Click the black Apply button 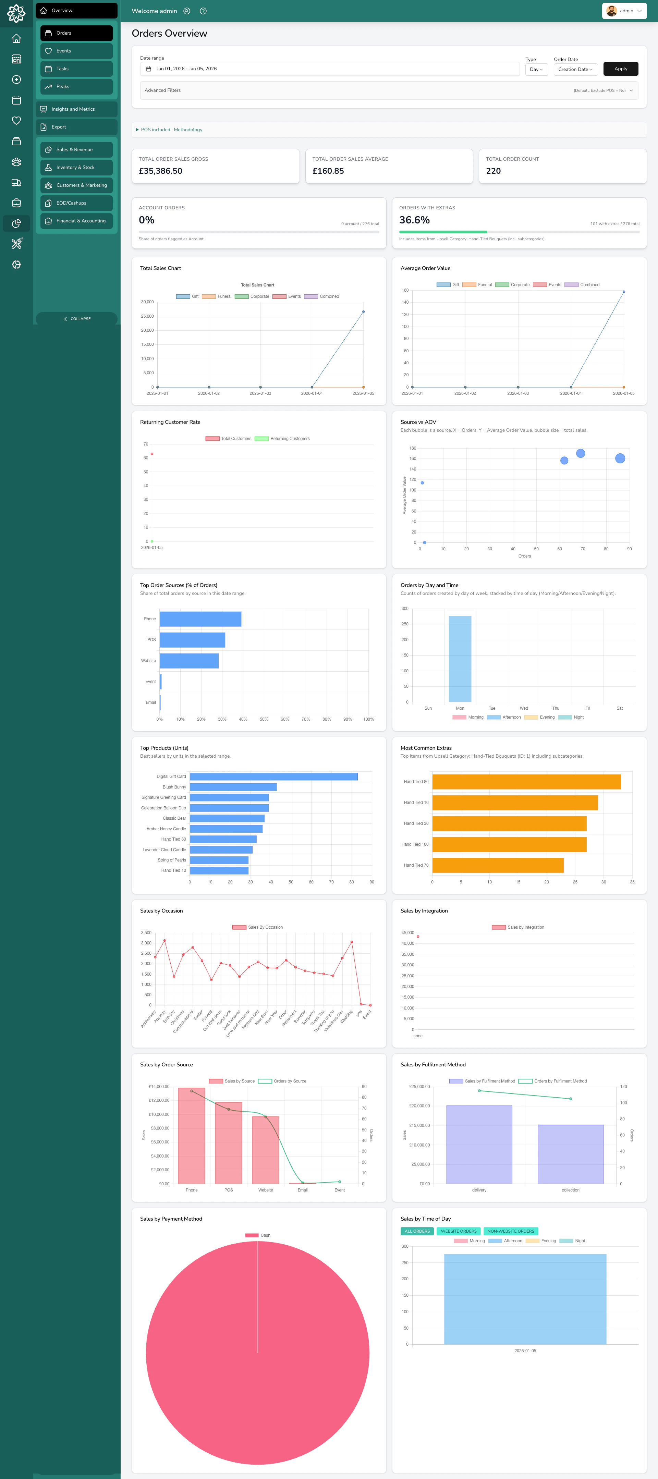pyautogui.click(x=621, y=69)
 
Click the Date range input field pyautogui.click(x=330, y=69)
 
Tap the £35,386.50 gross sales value pyautogui.click(x=161, y=171)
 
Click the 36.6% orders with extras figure pyautogui.click(x=415, y=220)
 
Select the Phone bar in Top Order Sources pyautogui.click(x=200, y=619)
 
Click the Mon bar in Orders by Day pyautogui.click(x=460, y=659)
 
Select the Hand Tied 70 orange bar pyautogui.click(x=498, y=865)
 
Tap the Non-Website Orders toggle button pyautogui.click(x=510, y=1231)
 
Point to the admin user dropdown pyautogui.click(x=624, y=11)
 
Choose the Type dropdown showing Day pyautogui.click(x=536, y=70)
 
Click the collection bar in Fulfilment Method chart pyautogui.click(x=570, y=1154)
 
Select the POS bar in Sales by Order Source pyautogui.click(x=229, y=1142)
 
